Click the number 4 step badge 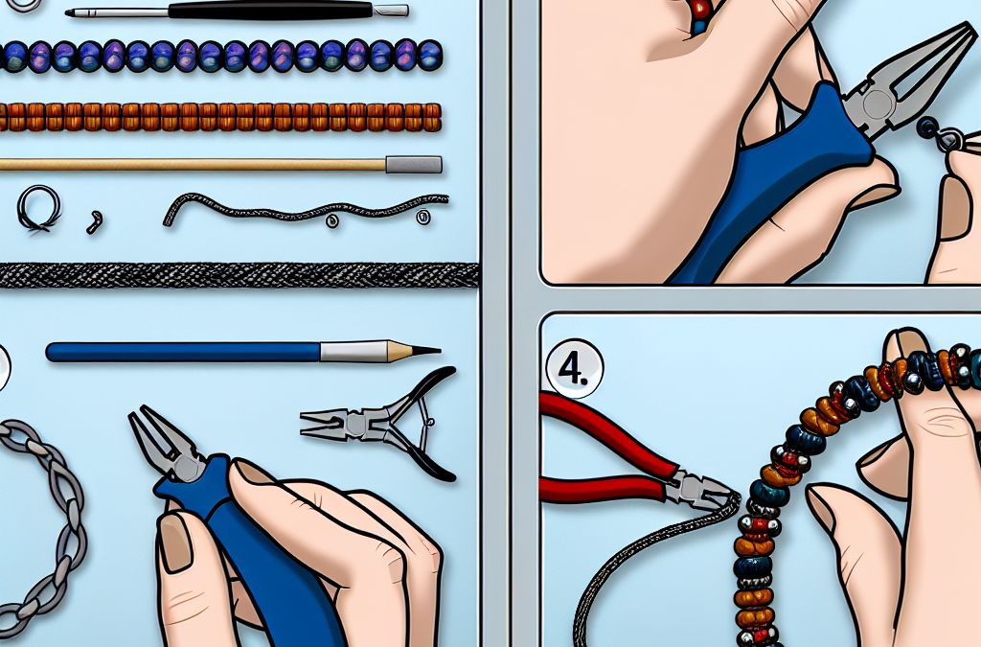click(575, 370)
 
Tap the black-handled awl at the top click(238, 10)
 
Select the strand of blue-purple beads click(221, 55)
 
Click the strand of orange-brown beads click(221, 117)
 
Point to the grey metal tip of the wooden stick click(414, 165)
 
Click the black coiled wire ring click(39, 209)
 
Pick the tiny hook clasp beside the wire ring click(94, 221)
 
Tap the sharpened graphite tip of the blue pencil click(426, 351)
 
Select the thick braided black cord click(239, 275)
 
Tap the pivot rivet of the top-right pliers click(876, 103)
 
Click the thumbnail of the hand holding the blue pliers click(174, 543)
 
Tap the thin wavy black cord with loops click(306, 209)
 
